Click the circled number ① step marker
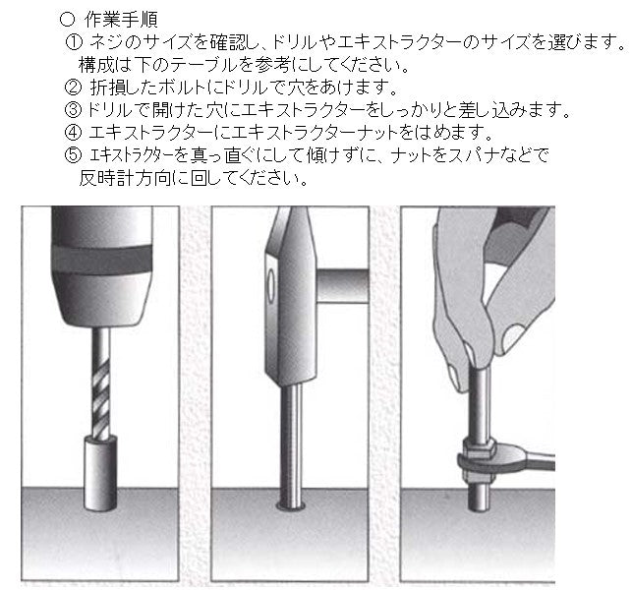pyautogui.click(x=74, y=42)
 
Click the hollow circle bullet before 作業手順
pyautogui.click(x=67, y=19)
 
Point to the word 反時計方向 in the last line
pyautogui.click(x=126, y=179)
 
